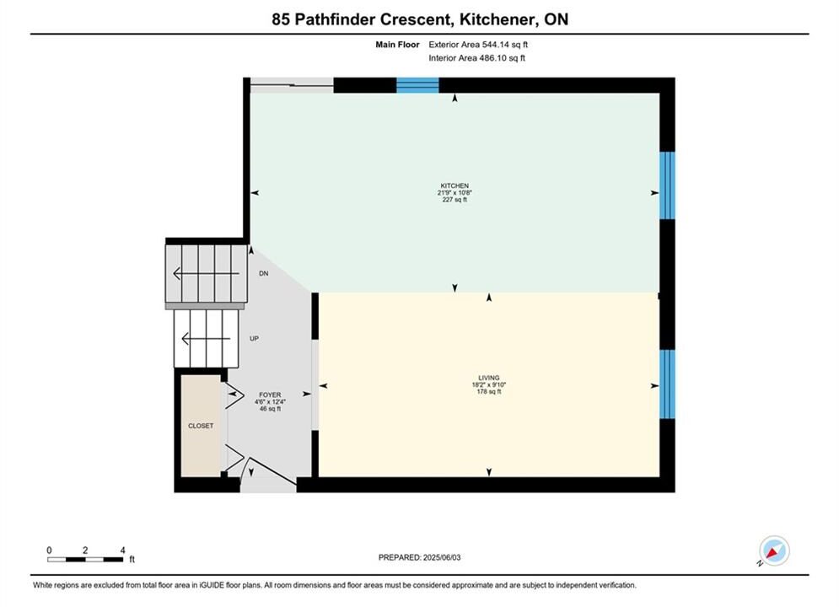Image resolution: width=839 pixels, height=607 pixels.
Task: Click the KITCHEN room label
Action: point(454,185)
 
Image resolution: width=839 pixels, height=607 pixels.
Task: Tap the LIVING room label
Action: point(489,378)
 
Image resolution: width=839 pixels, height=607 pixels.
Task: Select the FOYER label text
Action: point(270,395)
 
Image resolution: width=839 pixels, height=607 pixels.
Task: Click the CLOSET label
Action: point(201,426)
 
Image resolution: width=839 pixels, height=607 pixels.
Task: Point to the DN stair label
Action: point(264,273)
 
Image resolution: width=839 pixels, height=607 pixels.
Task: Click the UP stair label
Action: point(254,339)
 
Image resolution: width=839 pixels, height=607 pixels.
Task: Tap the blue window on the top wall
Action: point(417,85)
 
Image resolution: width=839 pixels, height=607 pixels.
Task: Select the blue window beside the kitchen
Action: point(667,185)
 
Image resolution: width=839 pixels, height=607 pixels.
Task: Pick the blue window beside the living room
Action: point(667,384)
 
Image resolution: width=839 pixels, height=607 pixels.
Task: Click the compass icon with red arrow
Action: point(774,551)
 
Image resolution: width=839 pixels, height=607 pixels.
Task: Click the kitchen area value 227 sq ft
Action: point(454,200)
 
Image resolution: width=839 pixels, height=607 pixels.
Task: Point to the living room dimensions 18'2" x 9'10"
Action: point(489,384)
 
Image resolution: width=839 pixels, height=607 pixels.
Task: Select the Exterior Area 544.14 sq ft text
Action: point(478,45)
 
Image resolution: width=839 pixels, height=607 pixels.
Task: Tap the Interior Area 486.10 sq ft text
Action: point(476,58)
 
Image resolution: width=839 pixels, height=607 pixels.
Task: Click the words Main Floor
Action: point(397,45)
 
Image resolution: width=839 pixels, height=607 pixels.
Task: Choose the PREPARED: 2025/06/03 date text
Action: point(420,557)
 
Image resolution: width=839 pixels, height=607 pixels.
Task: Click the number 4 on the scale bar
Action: point(123,550)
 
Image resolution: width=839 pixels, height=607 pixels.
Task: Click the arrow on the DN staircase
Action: point(206,274)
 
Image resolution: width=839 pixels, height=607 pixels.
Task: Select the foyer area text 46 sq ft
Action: point(270,409)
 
